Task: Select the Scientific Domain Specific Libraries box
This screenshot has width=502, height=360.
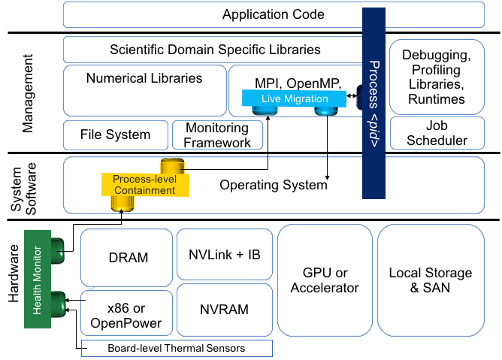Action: [x=215, y=50]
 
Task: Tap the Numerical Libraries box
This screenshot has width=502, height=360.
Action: [x=144, y=89]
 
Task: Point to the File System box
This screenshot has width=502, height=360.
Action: [x=115, y=135]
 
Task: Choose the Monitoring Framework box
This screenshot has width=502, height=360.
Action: [x=218, y=135]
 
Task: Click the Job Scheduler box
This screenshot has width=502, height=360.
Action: [x=436, y=133]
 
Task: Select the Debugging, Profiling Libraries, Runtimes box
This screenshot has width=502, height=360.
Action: [x=436, y=77]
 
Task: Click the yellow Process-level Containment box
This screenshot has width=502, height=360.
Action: [x=143, y=186]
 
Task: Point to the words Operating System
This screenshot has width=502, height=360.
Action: [x=274, y=184]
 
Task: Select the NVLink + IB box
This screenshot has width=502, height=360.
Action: [x=223, y=255]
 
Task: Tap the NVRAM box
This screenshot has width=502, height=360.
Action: [x=223, y=309]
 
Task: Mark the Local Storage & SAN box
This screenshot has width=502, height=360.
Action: [x=431, y=280]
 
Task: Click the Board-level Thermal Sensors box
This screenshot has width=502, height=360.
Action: [x=176, y=348]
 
